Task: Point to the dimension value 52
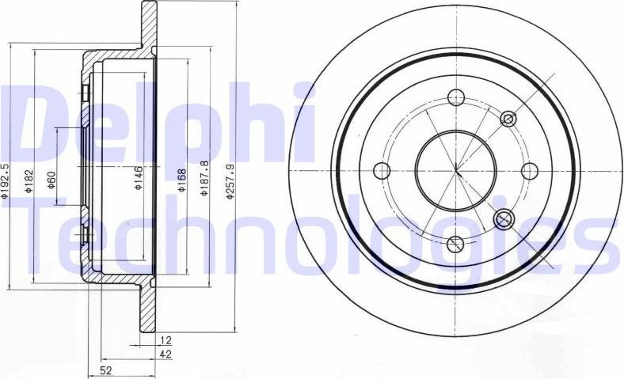(105, 370)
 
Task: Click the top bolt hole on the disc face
(456, 97)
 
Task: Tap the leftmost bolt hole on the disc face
(382, 170)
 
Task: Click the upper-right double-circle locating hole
(508, 119)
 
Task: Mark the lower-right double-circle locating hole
(502, 218)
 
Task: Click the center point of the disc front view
(456, 170)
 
